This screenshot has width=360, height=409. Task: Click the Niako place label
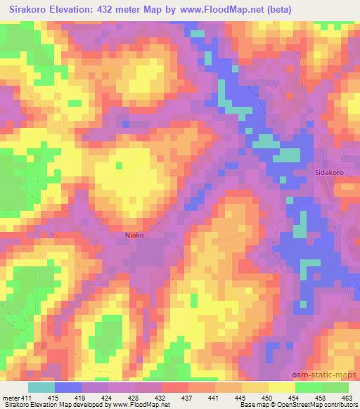[x=134, y=235]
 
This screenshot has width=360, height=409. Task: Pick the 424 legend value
[x=111, y=398]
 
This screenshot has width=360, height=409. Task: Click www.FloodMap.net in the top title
[x=219, y=10]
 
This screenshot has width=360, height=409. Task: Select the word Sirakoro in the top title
[x=34, y=10]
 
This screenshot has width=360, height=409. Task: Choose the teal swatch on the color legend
[x=41, y=387]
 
